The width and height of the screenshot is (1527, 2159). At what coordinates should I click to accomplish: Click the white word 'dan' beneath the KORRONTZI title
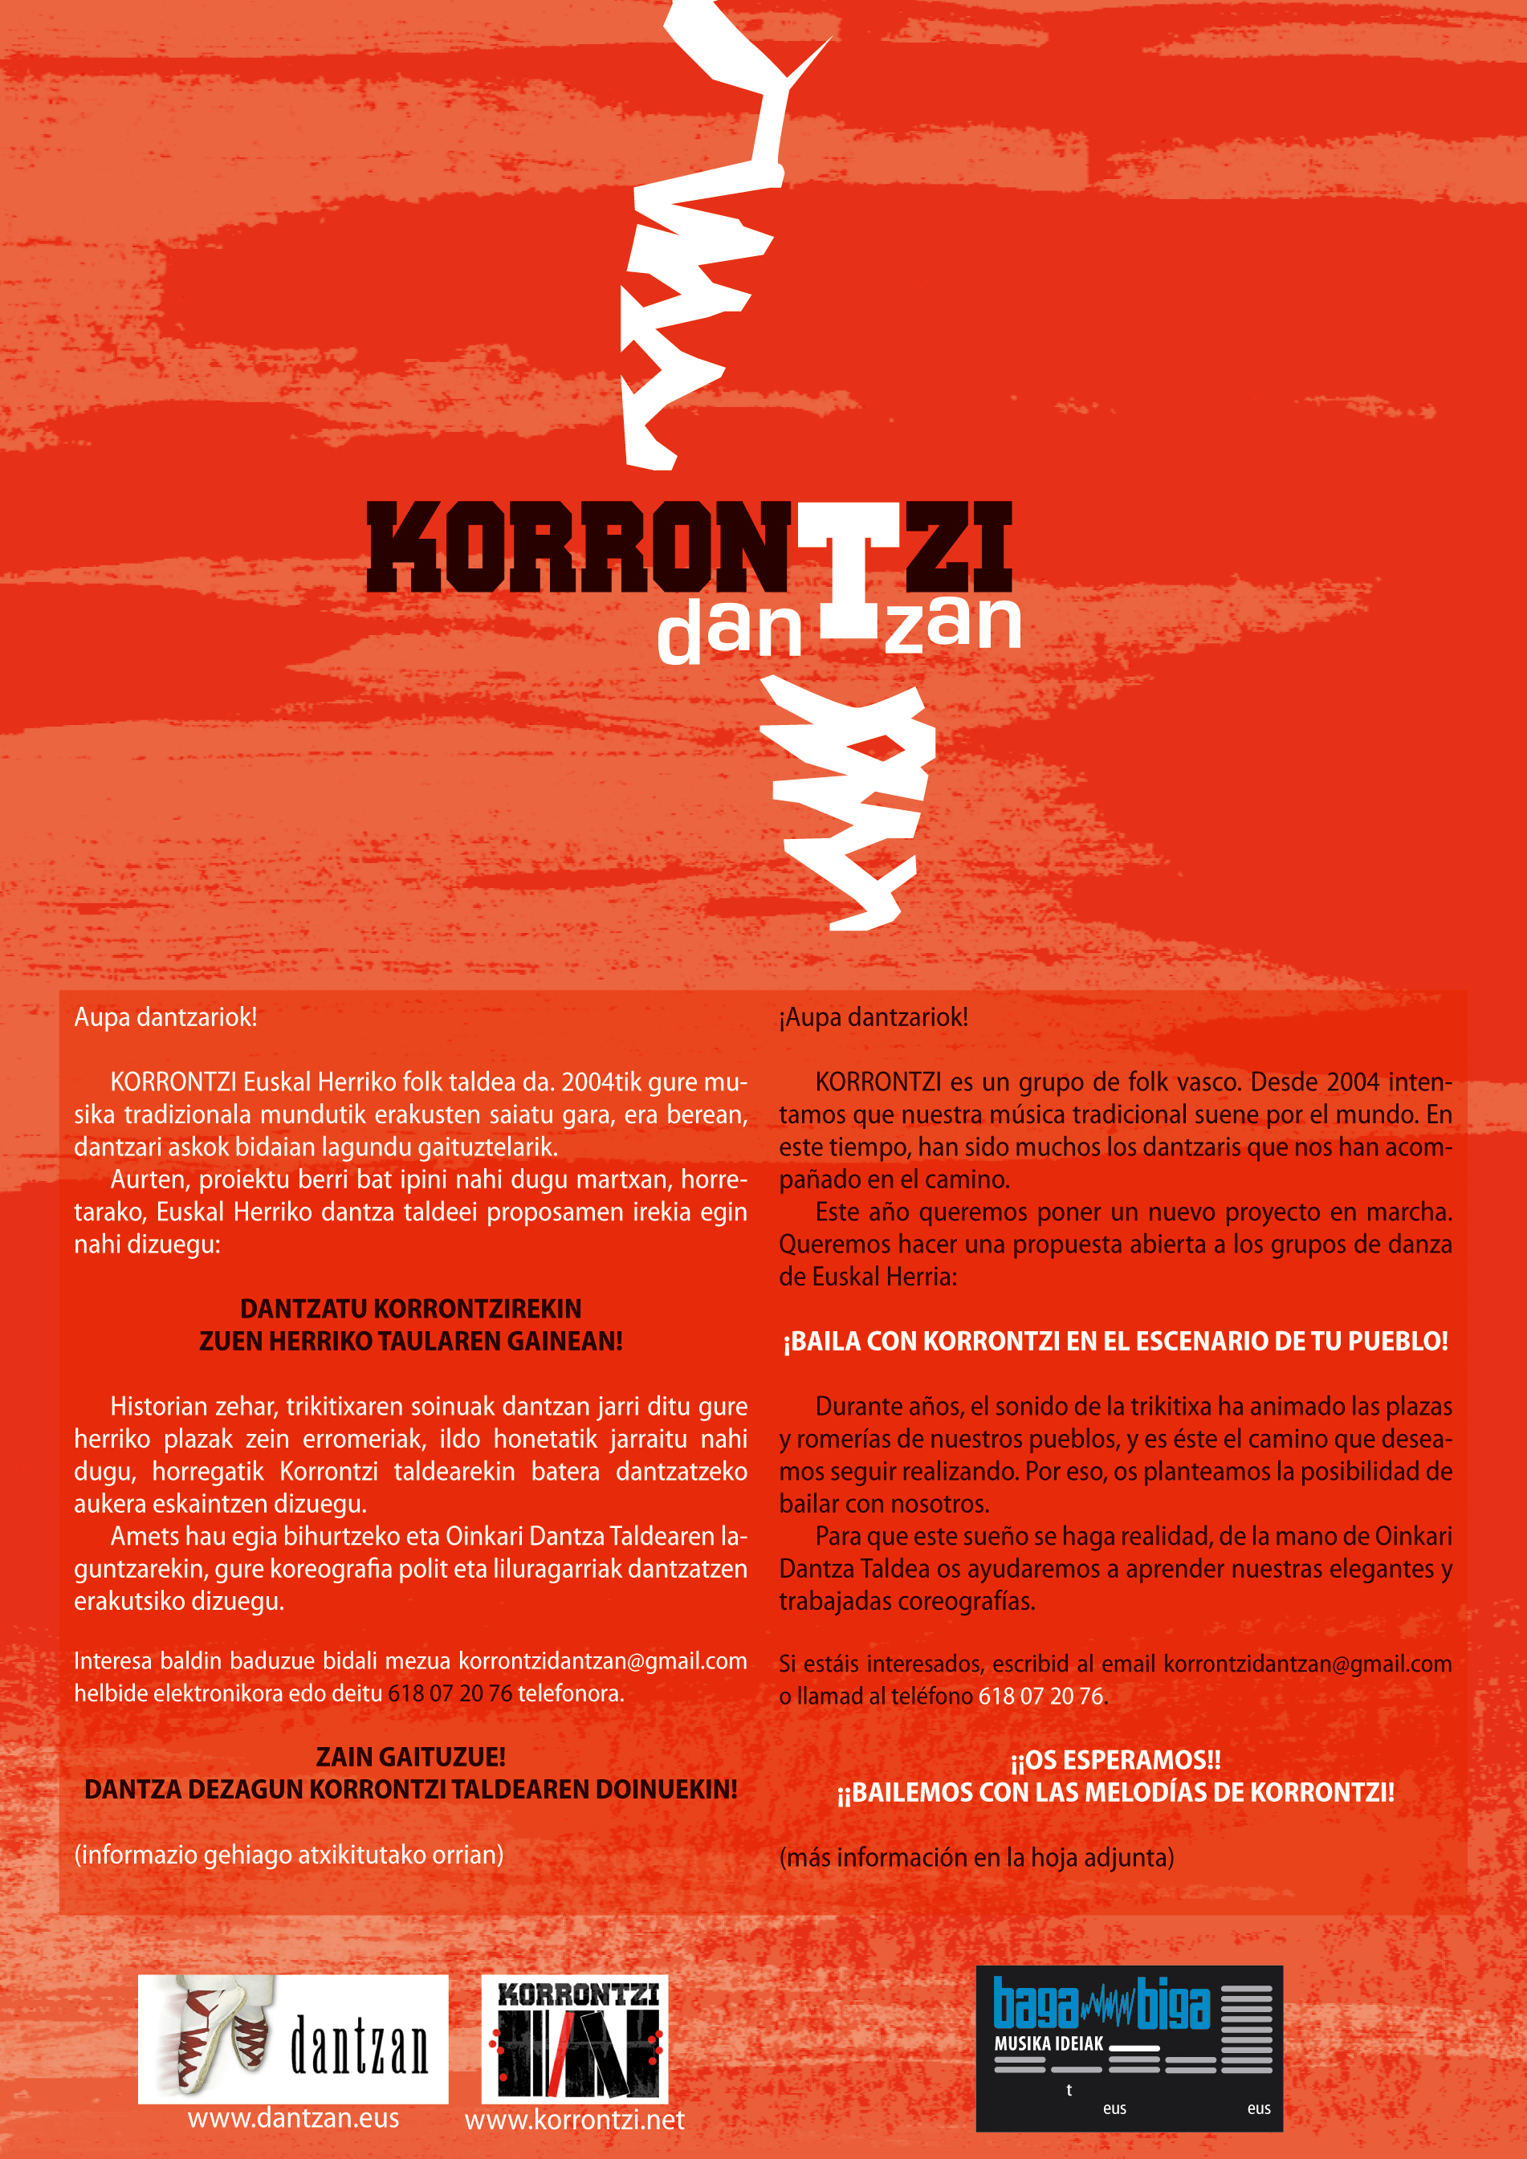729,629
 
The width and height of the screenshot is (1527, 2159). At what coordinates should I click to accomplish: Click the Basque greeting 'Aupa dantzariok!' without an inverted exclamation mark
165,1017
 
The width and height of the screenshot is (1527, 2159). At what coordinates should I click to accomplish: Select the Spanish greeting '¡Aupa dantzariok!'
873,1017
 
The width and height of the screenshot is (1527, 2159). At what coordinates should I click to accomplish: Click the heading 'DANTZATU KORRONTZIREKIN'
411,1309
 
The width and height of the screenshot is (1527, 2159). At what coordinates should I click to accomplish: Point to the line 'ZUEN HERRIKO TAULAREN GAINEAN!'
411,1342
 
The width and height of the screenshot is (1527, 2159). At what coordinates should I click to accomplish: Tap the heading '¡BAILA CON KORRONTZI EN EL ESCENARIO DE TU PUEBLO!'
1115,1342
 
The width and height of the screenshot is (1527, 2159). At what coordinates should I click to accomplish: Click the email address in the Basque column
603,1661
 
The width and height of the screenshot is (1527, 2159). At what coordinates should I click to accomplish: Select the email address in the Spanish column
1307,1664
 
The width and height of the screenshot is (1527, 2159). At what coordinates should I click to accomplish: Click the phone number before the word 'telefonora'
450,1693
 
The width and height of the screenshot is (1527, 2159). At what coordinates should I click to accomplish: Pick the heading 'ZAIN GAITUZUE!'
411,1757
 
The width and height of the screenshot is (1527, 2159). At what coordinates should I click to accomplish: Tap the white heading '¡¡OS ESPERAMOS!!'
1115,1760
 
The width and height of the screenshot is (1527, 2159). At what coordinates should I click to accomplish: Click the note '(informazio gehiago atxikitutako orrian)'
289,1856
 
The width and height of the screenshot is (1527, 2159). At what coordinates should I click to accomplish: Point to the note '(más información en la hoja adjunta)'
976,1858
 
